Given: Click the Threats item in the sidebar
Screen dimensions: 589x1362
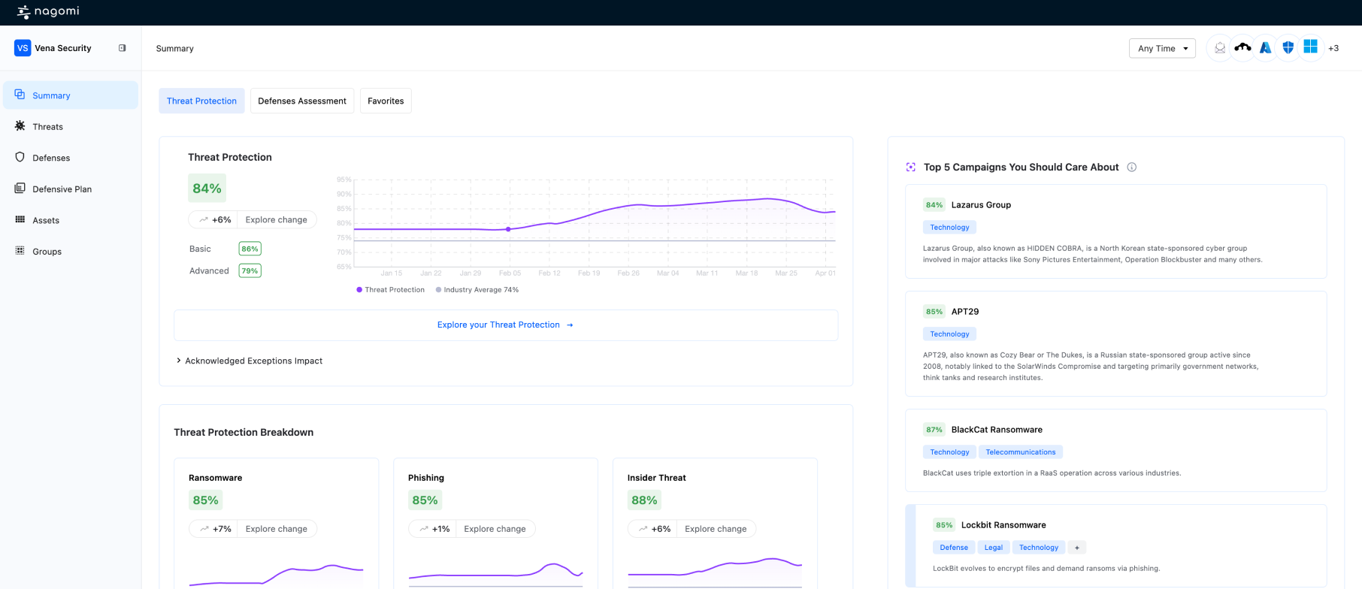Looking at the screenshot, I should [x=47, y=127].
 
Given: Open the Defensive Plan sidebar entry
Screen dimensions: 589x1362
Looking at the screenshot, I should [x=62, y=189].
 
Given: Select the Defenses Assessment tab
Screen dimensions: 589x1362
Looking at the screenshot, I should [x=301, y=101].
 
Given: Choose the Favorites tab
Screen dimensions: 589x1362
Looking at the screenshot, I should [x=386, y=101].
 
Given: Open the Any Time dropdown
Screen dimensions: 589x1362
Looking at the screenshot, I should [x=1162, y=48].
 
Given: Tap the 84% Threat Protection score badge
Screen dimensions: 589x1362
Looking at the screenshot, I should [x=207, y=189].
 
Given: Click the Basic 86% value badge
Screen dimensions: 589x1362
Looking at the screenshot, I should [x=250, y=249].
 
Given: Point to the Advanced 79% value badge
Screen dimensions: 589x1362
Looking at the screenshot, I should [x=250, y=271].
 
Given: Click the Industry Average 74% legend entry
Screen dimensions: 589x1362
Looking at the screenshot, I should [x=477, y=290].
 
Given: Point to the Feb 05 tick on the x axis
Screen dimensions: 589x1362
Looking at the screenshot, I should [x=510, y=273].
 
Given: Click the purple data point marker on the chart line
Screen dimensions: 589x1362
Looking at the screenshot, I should [x=508, y=229].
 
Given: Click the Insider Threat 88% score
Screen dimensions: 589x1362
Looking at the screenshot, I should [x=644, y=500].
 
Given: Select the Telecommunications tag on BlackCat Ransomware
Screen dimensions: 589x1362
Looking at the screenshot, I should [x=1020, y=452].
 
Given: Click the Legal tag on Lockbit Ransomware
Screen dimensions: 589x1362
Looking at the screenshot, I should [x=993, y=548].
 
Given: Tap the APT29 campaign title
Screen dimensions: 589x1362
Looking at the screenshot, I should [x=964, y=312].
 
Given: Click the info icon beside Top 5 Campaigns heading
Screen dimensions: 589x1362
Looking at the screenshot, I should [x=1131, y=168].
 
